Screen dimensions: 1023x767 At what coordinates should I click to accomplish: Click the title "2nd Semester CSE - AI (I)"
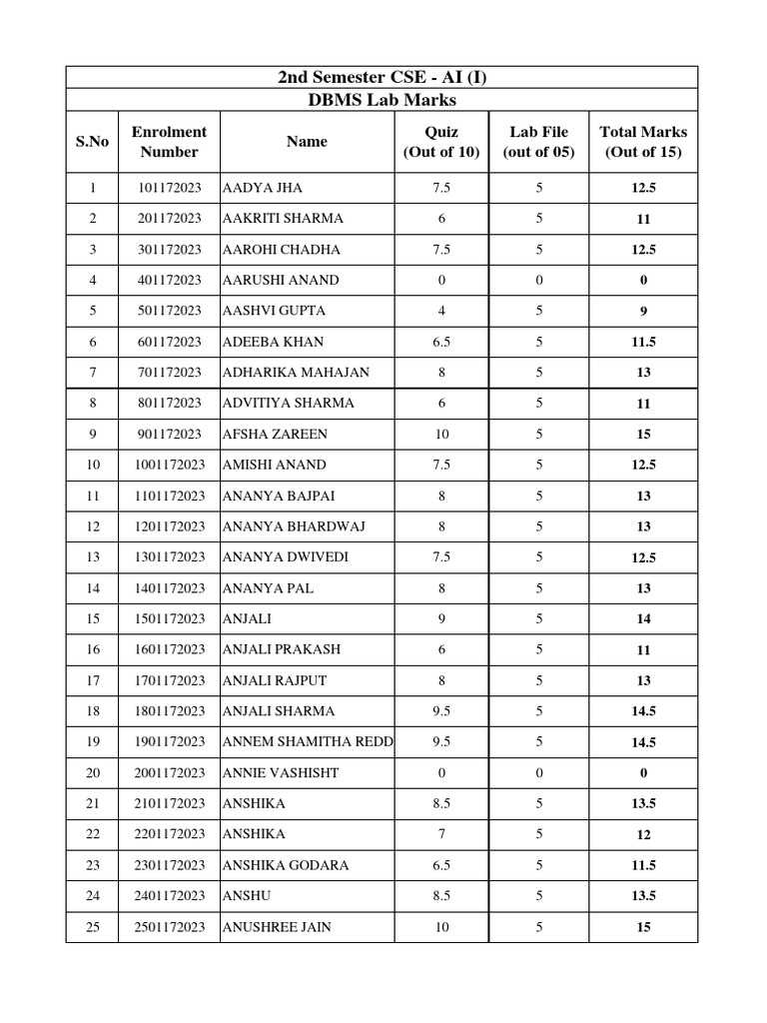(382, 78)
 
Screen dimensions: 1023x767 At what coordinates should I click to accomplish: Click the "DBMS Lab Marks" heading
(382, 101)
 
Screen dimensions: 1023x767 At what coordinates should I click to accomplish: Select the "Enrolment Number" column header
(169, 142)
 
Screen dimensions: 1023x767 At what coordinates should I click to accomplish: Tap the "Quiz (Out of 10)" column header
(441, 142)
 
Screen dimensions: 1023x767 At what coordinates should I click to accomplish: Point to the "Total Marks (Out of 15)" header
(643, 142)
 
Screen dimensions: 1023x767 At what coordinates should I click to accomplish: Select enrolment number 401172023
(169, 280)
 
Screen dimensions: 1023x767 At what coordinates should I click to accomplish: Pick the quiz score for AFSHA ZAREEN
(441, 434)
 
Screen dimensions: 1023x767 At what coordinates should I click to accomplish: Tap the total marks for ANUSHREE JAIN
(643, 927)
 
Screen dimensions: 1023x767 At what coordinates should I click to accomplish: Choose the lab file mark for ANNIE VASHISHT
(539, 772)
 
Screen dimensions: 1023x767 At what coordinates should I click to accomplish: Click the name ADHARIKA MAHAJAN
(296, 372)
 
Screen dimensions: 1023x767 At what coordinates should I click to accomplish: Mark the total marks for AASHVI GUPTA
(643, 311)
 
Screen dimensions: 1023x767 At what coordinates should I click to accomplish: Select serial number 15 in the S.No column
(93, 618)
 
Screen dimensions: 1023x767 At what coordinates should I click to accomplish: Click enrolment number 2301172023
(169, 865)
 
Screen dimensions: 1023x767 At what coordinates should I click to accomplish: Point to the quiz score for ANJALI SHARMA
(441, 711)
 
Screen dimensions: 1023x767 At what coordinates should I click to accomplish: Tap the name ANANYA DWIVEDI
(286, 556)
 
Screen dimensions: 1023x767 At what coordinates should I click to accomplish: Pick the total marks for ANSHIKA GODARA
(643, 865)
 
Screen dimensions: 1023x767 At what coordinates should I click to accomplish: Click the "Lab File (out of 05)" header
(539, 142)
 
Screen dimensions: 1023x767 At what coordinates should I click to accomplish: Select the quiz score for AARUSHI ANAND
(441, 280)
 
